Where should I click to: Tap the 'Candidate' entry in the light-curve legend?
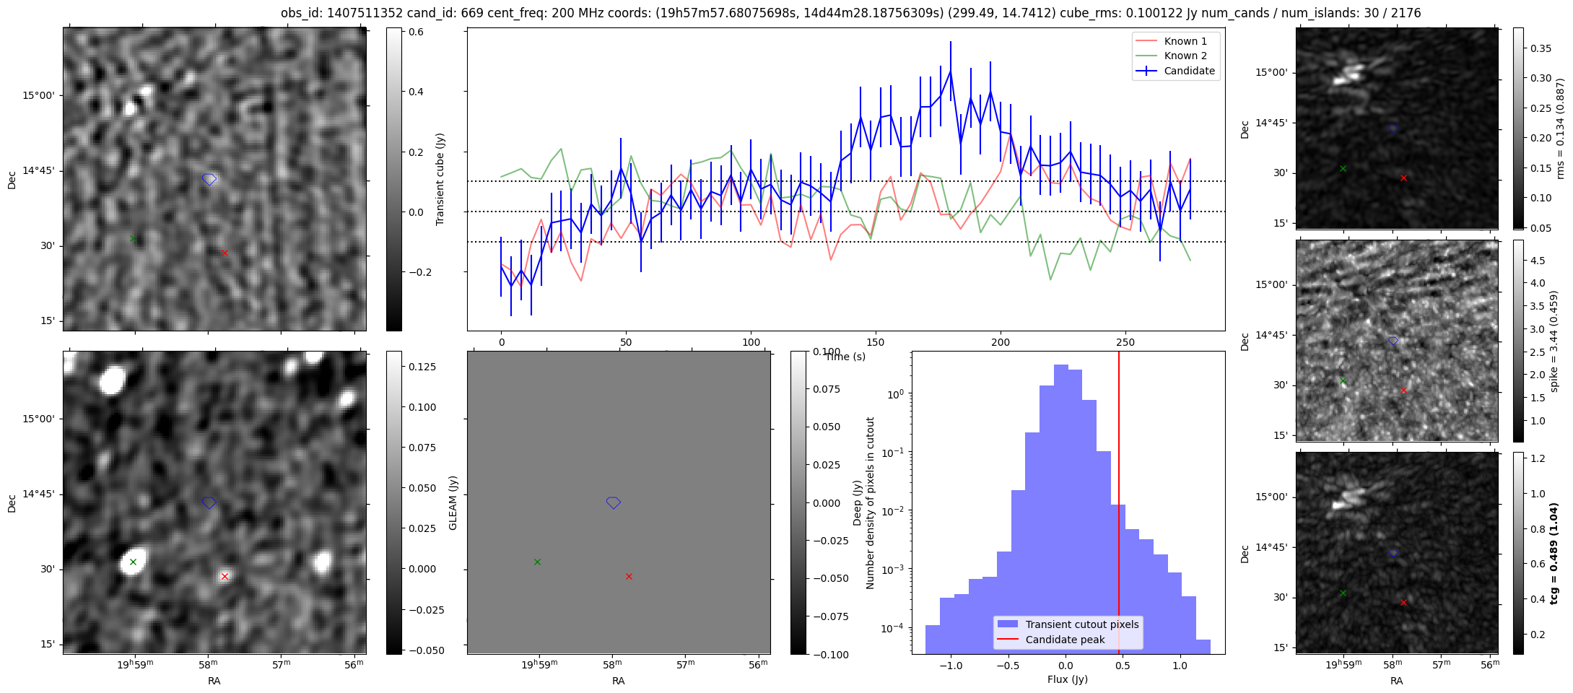1189,71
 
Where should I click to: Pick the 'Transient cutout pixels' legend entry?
1082,624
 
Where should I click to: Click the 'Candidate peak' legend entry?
1065,640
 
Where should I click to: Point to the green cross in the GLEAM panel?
537,562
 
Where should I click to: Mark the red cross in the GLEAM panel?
629,576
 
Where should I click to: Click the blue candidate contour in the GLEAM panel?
614,502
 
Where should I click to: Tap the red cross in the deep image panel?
225,576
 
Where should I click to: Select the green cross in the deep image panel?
133,562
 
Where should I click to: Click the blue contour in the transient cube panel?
209,179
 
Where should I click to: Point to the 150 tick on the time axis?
876,342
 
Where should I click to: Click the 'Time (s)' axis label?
845,357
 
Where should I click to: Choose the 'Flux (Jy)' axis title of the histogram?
1067,679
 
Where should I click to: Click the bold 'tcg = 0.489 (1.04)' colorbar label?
1555,553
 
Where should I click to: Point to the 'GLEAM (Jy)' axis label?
453,502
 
